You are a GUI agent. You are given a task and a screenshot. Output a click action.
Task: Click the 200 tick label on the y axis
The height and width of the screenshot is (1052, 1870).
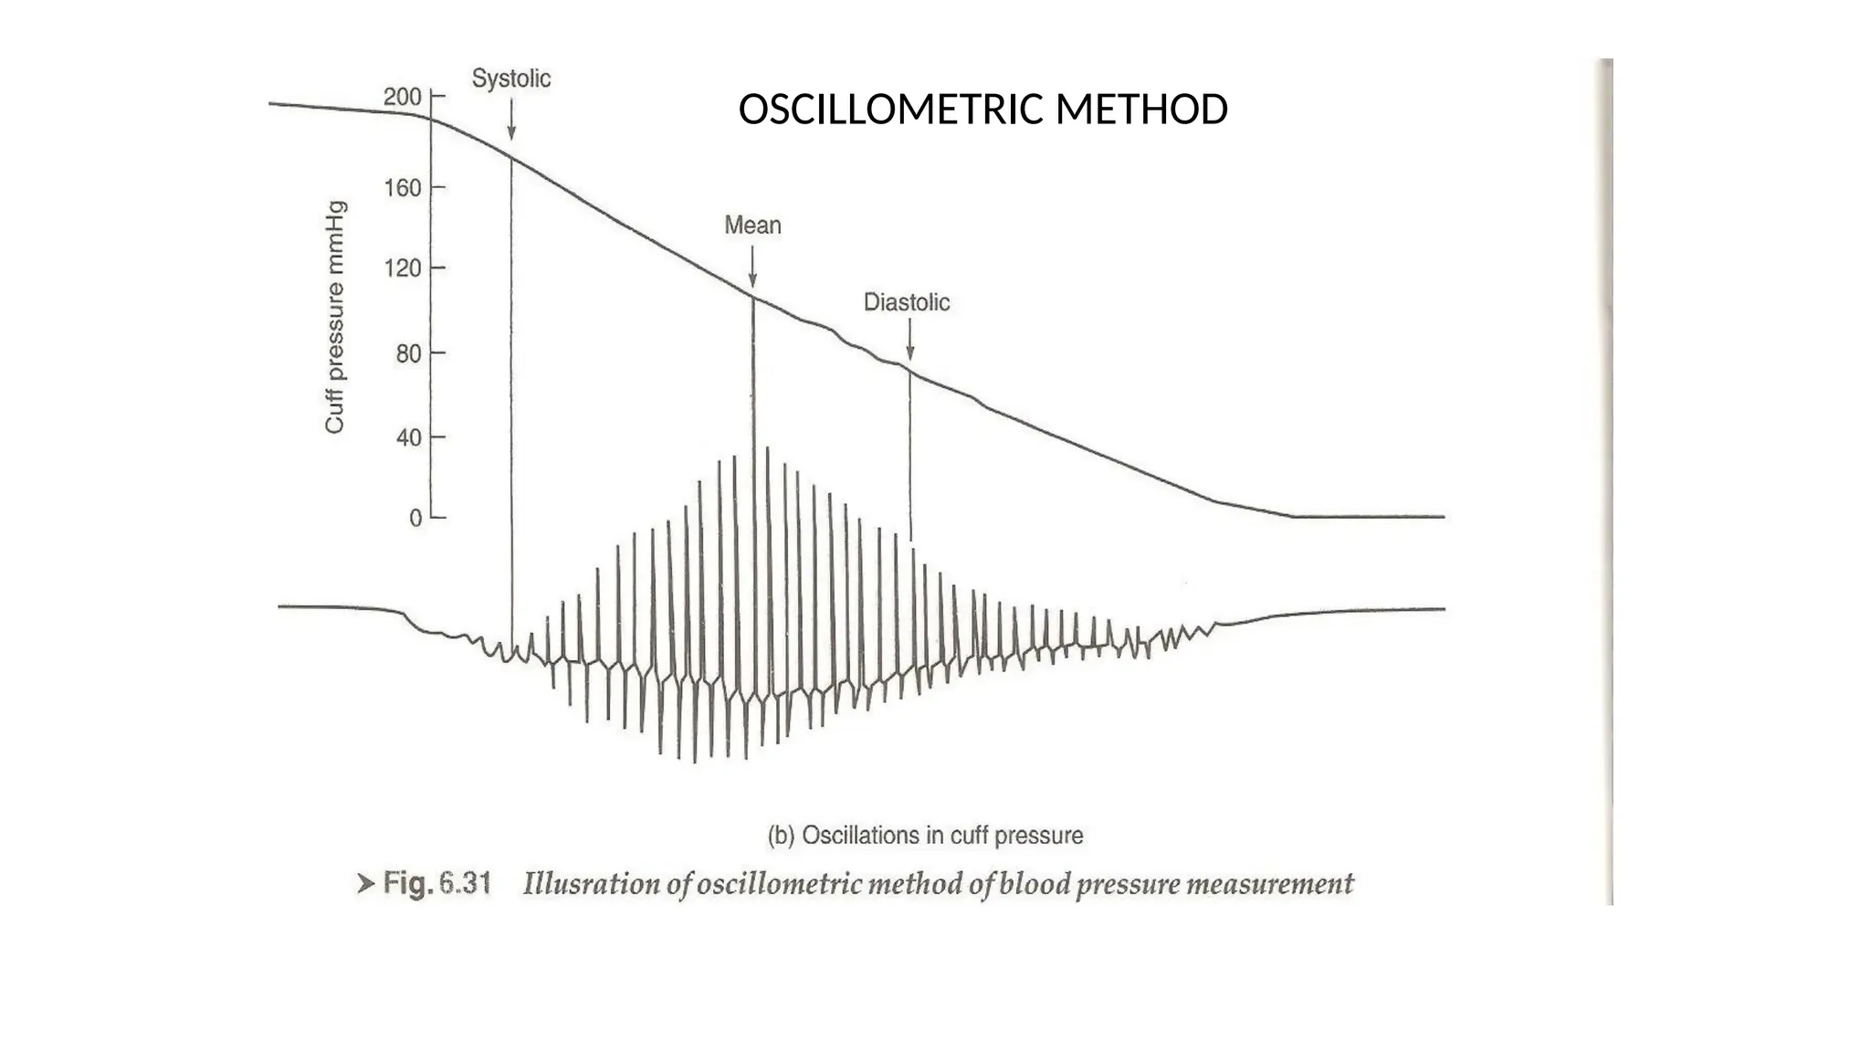tap(403, 97)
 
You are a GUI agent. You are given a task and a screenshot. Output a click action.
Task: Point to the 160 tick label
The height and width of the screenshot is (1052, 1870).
tap(403, 188)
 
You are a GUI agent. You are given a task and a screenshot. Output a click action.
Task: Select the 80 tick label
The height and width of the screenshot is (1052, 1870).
tap(408, 353)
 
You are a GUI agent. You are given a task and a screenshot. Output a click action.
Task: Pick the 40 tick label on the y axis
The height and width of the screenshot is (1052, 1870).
tap(408, 437)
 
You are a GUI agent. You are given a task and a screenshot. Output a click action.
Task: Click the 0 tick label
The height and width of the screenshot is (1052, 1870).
tap(415, 519)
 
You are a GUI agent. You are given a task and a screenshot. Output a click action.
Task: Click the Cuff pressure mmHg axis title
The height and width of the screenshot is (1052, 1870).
tap(335, 317)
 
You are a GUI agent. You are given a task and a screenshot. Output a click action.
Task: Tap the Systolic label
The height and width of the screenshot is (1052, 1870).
tap(511, 79)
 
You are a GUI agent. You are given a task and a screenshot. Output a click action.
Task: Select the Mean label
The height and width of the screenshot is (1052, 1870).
tap(752, 226)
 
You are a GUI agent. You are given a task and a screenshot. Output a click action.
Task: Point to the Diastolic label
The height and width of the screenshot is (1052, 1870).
tap(907, 302)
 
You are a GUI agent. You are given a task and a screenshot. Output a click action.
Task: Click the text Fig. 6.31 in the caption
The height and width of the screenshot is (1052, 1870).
tap(436, 884)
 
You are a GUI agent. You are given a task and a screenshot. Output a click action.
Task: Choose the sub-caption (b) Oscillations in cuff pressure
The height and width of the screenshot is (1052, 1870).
tap(925, 836)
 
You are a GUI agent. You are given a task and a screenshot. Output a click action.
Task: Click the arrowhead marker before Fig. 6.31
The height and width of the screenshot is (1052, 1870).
tap(365, 884)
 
